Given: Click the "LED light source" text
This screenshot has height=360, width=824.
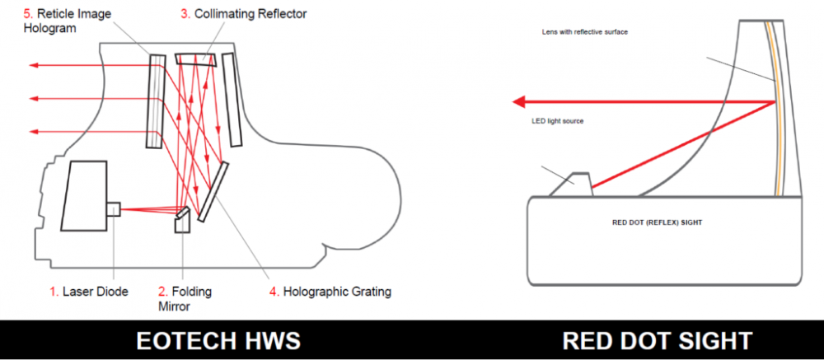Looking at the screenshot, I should click(557, 121).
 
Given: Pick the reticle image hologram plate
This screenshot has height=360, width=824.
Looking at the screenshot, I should click(154, 101).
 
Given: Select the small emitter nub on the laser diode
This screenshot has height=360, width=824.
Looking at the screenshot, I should click(113, 210).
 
